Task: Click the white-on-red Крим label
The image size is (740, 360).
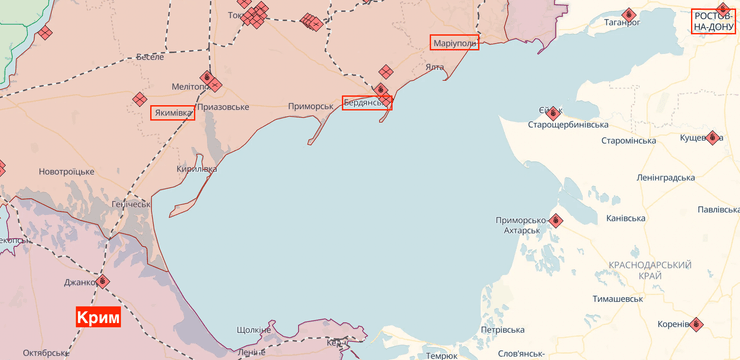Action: point(98,317)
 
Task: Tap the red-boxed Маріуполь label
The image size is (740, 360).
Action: point(455,43)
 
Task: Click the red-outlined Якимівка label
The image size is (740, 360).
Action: point(173,113)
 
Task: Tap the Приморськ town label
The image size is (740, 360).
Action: point(310,106)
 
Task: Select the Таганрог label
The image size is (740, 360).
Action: point(621,21)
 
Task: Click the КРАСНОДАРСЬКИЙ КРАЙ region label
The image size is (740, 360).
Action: point(650,270)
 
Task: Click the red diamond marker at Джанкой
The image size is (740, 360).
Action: point(103,281)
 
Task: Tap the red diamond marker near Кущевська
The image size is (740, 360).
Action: point(713,138)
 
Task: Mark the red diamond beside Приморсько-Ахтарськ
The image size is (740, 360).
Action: point(556,221)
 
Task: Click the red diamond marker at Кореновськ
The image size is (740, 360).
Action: point(697,324)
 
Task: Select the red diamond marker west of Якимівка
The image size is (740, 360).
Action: point(139,99)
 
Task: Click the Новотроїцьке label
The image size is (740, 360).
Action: point(66,172)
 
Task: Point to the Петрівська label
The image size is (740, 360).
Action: point(502,329)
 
